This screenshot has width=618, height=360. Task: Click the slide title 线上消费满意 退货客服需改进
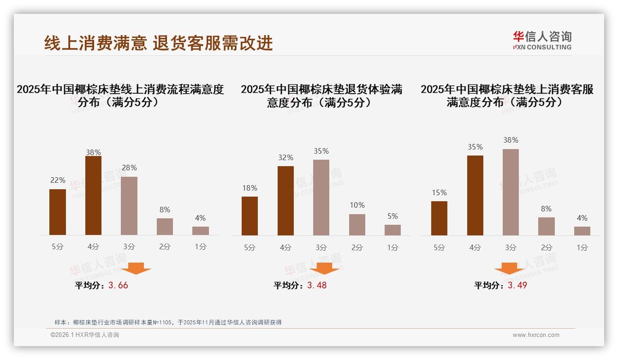pos(159,43)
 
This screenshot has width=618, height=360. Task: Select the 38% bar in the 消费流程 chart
pos(93,196)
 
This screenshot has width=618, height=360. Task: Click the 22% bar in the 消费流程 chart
pos(58,212)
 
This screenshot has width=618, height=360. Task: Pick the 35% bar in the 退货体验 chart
pos(321,198)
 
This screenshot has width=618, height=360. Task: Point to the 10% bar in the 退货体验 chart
pos(357,225)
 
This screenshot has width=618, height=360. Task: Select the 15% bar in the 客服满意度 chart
pos(439,218)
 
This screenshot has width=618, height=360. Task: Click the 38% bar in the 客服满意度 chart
pos(511,192)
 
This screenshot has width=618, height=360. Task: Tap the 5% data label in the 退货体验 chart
pos(392,216)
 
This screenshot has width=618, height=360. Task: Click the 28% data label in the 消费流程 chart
pos(129,168)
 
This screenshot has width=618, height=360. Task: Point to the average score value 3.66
pos(118,285)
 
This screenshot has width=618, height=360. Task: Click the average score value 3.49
pos(517,285)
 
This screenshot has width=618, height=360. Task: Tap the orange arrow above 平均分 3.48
pos(324,269)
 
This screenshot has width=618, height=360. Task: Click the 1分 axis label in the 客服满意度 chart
pos(582,247)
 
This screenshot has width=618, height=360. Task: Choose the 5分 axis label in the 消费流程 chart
pos(58,247)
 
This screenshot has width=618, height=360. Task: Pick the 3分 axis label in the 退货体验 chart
pos(321,247)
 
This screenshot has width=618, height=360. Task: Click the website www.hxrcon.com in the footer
pos(535,335)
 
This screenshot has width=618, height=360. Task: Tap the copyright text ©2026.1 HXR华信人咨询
pos(85,335)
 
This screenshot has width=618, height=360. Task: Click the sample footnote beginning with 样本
pos(168,323)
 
